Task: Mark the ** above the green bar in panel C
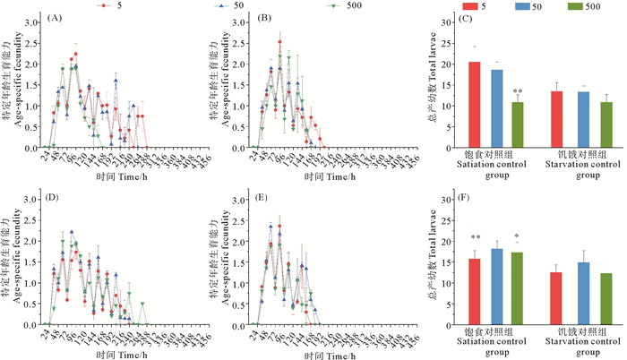(519, 91)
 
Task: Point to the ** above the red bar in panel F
(475, 238)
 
